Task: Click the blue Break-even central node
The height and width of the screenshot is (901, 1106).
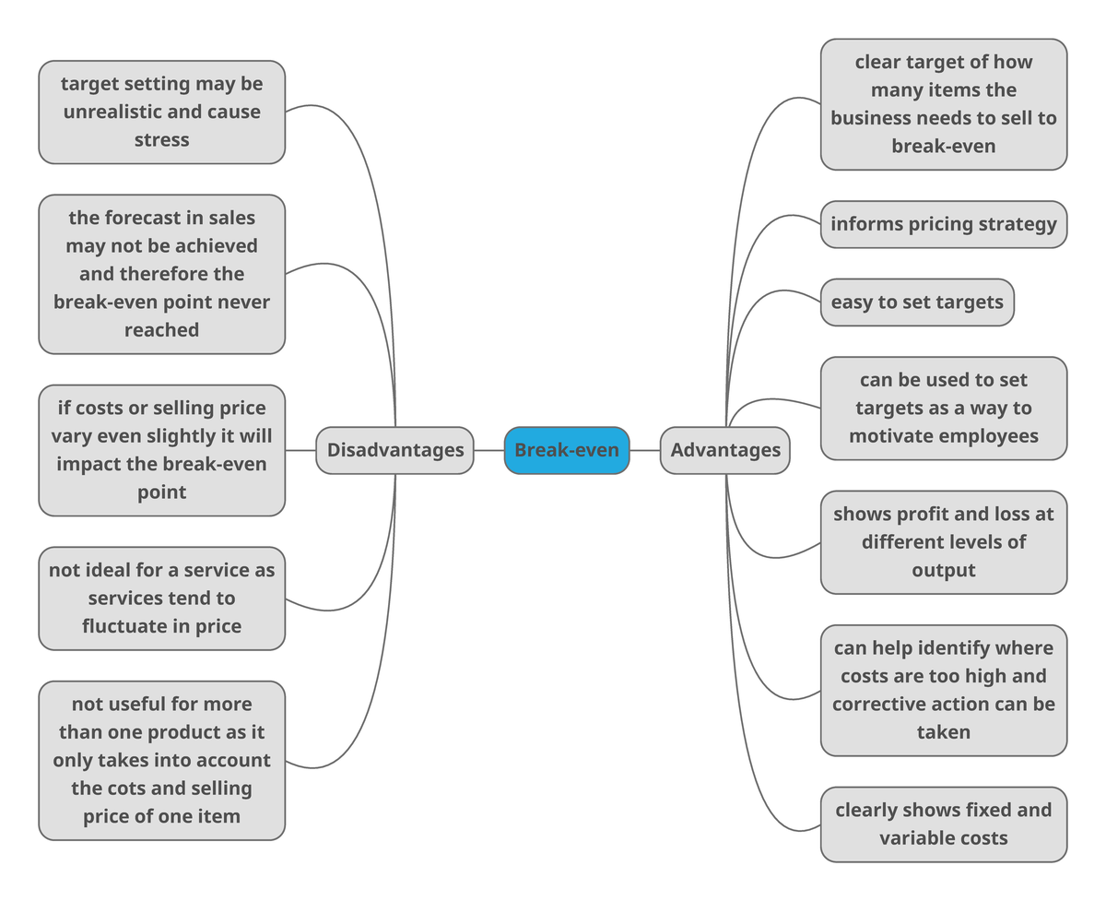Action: click(567, 450)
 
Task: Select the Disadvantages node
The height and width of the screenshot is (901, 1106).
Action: click(394, 450)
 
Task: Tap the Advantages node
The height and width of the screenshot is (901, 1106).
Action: click(725, 450)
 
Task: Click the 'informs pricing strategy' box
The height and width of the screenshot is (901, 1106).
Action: click(943, 224)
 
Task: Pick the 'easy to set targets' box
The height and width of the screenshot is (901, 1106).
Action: click(916, 302)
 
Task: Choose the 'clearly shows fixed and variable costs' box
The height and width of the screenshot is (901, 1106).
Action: click(943, 824)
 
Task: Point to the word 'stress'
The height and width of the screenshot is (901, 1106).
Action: click(161, 140)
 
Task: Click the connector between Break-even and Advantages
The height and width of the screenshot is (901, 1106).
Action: click(645, 450)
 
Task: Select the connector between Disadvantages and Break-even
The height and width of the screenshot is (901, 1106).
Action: click(489, 450)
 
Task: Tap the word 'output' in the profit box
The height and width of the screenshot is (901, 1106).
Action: click(943, 570)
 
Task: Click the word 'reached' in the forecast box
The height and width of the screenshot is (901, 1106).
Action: click(161, 330)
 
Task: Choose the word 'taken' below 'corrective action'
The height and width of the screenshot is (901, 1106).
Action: click(943, 732)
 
